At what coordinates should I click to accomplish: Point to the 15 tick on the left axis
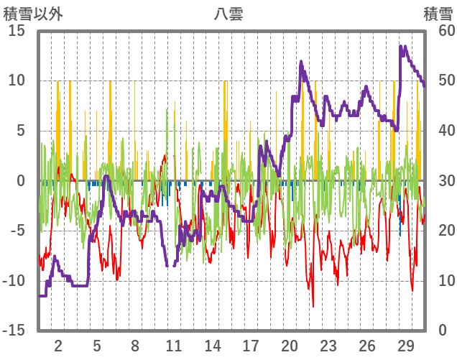click(17, 31)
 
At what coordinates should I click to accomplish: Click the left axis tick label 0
click(22, 180)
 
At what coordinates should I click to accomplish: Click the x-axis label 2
click(58, 344)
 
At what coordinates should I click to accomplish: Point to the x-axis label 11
click(173, 344)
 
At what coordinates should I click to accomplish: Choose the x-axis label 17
click(251, 344)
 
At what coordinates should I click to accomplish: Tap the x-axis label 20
click(290, 344)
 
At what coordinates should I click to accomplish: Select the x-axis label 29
click(405, 344)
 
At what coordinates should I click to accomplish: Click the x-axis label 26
click(366, 344)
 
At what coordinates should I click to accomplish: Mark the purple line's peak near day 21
click(301, 62)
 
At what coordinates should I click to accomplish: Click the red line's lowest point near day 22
click(313, 307)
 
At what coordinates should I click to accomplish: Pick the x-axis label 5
click(97, 344)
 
